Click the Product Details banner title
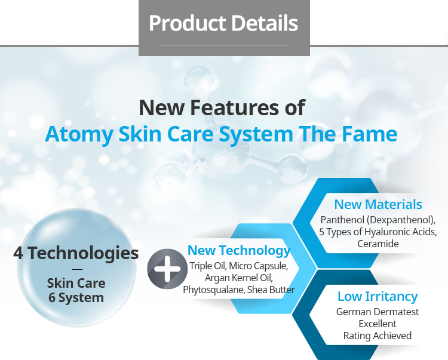click(x=223, y=23)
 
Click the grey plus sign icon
click(x=167, y=269)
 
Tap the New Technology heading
click(x=239, y=250)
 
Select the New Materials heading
click(x=378, y=204)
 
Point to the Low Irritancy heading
click(x=378, y=296)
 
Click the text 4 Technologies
click(x=76, y=253)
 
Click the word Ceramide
click(x=378, y=244)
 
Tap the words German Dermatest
click(x=378, y=312)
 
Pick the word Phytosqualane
click(x=211, y=290)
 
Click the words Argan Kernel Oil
click(x=239, y=278)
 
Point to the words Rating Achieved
click(x=378, y=336)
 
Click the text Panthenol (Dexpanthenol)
click(x=378, y=220)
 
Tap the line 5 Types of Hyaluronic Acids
click(x=378, y=232)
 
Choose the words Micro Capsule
click(x=260, y=266)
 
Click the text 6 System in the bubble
click(x=76, y=297)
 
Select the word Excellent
click(x=378, y=324)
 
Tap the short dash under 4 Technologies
click(x=76, y=269)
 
